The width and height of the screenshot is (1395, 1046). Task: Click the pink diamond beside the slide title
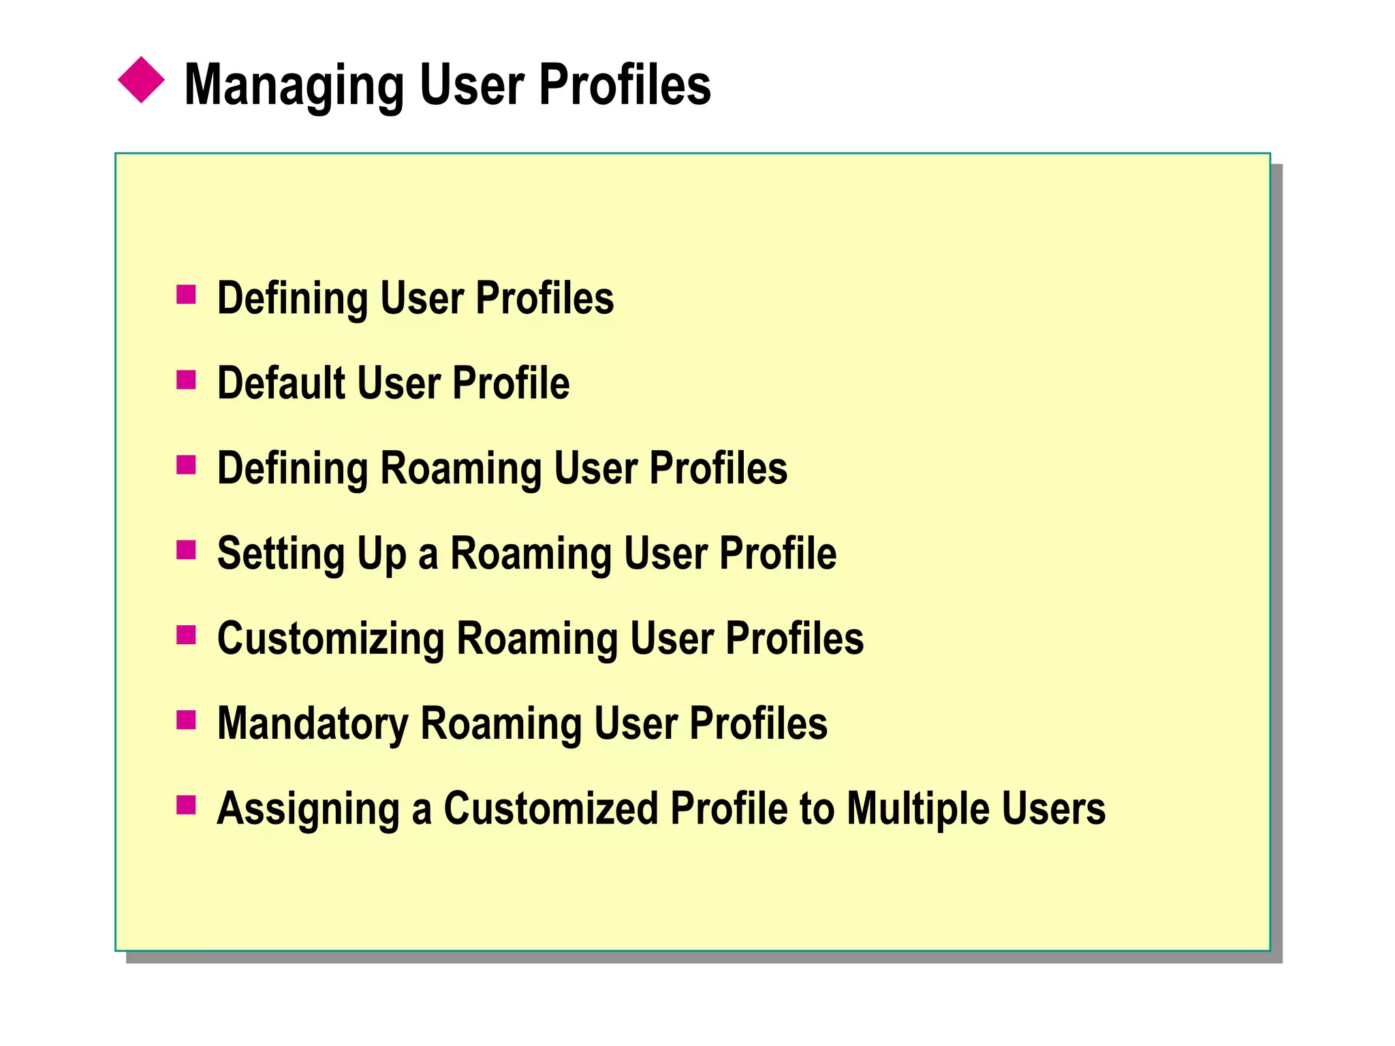(x=141, y=80)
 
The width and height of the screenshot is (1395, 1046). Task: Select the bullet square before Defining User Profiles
(x=186, y=295)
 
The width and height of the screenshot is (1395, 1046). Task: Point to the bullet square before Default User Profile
(x=186, y=380)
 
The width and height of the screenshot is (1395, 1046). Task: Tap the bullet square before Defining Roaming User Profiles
(x=186, y=465)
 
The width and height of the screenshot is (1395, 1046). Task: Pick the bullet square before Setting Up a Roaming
(x=186, y=550)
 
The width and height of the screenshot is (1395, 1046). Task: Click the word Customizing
(x=330, y=640)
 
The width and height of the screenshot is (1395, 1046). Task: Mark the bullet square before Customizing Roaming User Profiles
(x=186, y=635)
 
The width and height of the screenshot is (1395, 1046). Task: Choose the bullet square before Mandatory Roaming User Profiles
(x=186, y=720)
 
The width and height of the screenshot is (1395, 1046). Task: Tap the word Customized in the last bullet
(x=551, y=809)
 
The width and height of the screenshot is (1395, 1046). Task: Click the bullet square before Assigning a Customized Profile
(x=186, y=805)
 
